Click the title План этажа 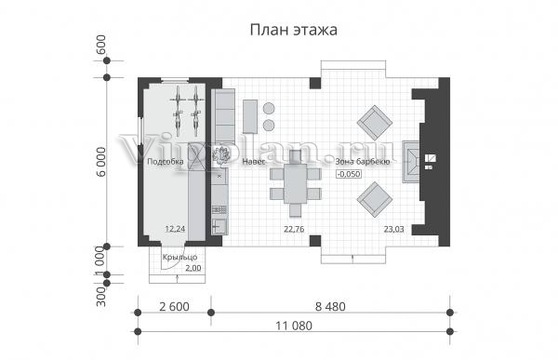pyautogui.click(x=294, y=30)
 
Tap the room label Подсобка pyautogui.click(x=166, y=162)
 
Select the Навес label pyautogui.click(x=254, y=162)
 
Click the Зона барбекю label pyautogui.click(x=363, y=162)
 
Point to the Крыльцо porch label pyautogui.click(x=179, y=257)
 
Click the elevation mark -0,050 pyautogui.click(x=349, y=174)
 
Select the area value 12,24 pyautogui.click(x=175, y=229)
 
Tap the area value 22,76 pyautogui.click(x=294, y=229)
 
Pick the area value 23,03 pyautogui.click(x=393, y=229)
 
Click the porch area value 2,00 pyautogui.click(x=193, y=268)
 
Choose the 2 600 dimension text pyautogui.click(x=175, y=307)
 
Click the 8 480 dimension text pyautogui.click(x=330, y=307)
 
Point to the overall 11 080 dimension pyautogui.click(x=294, y=326)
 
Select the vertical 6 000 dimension pyautogui.click(x=101, y=162)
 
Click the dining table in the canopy pyautogui.click(x=296, y=183)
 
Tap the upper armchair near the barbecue pyautogui.click(x=375, y=123)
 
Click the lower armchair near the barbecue pyautogui.click(x=375, y=199)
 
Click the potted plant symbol pyautogui.click(x=220, y=155)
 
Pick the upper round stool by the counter pyautogui.click(x=269, y=108)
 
